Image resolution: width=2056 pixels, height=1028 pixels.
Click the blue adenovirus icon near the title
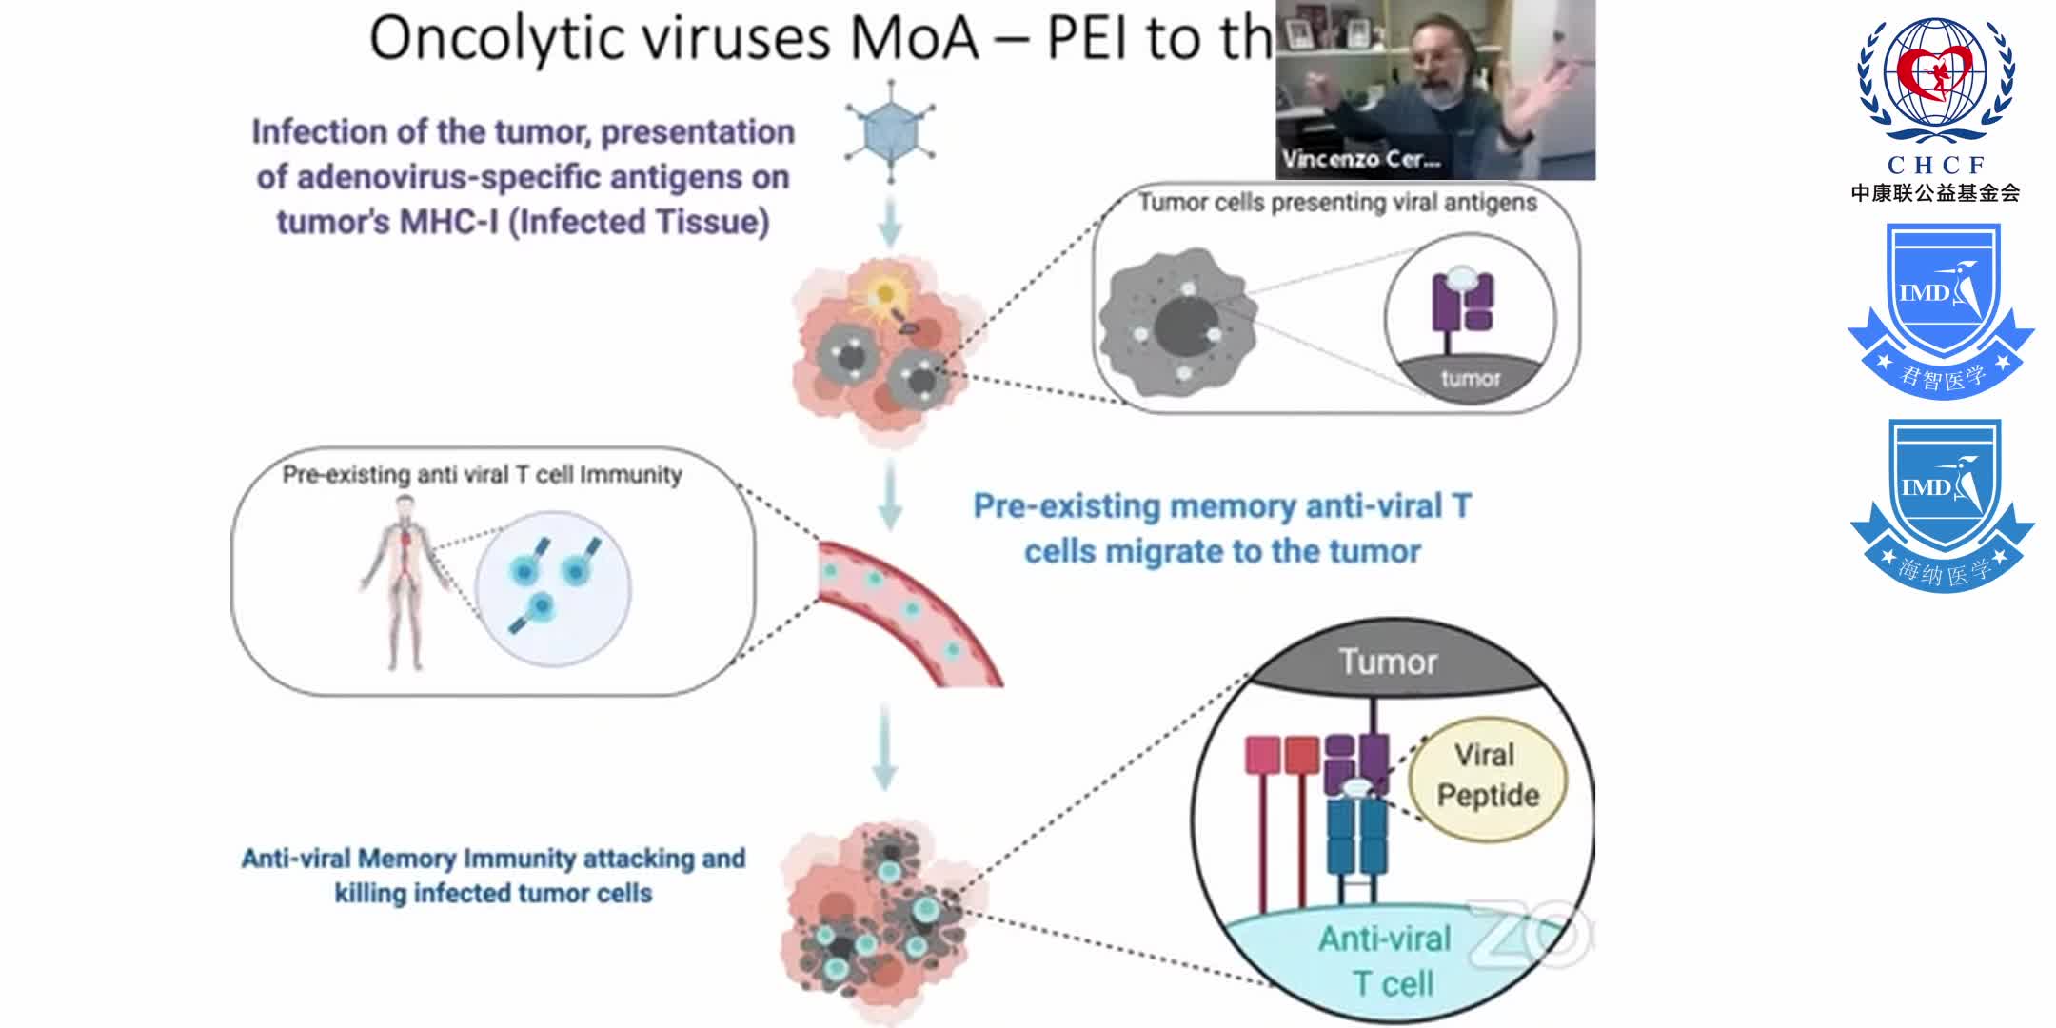[x=890, y=131]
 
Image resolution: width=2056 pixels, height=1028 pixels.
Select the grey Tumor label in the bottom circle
[x=1388, y=662]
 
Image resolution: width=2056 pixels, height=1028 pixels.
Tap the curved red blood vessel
[x=904, y=609]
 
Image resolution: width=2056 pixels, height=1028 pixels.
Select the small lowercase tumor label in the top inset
[x=1470, y=379]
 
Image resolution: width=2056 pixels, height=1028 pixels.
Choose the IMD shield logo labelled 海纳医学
[x=1942, y=504]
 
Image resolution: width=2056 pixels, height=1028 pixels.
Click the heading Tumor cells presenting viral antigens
[x=1337, y=203]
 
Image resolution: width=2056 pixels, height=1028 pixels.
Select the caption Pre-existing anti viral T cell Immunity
[x=482, y=474]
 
